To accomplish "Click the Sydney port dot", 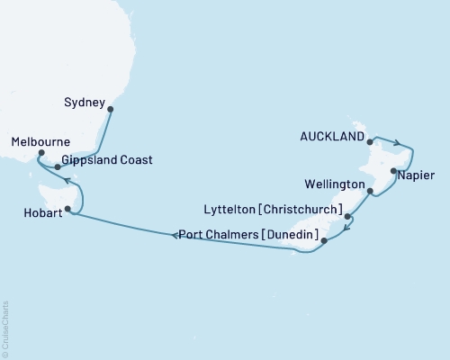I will click(110, 110).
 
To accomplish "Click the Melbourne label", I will click(40, 142).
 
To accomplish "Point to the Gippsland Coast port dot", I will click(57, 166).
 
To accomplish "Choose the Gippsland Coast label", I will click(108, 160).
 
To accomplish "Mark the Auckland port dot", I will click(371, 139).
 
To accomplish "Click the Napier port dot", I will click(392, 169).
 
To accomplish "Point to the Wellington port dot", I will click(370, 190).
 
